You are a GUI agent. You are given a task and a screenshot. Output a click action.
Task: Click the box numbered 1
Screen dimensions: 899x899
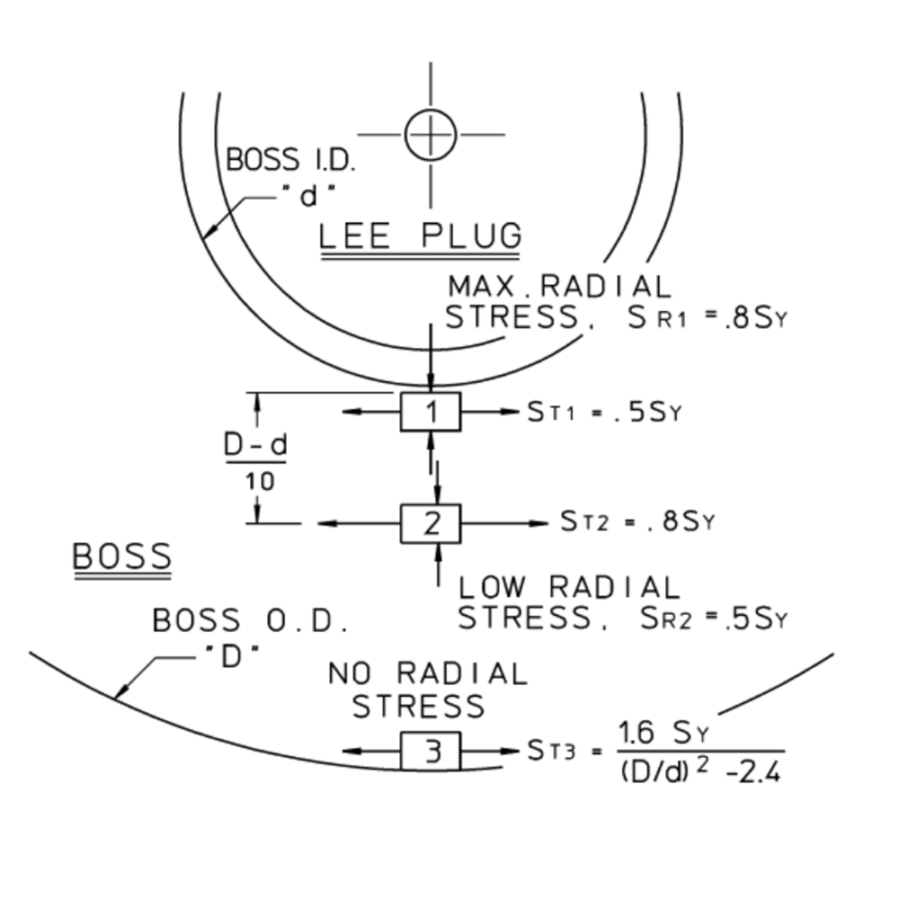[x=431, y=413]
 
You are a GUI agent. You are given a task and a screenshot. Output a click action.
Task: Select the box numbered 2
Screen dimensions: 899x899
[x=431, y=523]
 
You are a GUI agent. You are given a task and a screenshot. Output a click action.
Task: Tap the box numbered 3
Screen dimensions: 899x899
[x=431, y=752]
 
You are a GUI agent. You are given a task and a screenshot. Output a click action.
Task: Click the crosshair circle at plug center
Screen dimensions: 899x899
[x=431, y=135]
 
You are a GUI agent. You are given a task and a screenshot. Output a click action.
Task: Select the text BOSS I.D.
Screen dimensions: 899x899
[x=290, y=161]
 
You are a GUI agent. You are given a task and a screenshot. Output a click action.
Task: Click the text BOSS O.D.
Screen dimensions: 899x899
[x=250, y=621]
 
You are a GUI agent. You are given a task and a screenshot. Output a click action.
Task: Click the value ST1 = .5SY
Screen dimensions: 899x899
[x=604, y=413]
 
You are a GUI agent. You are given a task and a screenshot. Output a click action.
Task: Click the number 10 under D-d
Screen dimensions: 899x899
[x=258, y=481]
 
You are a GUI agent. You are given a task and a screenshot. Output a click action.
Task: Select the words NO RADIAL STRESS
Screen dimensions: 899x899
[x=425, y=690]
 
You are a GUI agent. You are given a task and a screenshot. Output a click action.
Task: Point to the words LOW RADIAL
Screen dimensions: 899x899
[x=569, y=588]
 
